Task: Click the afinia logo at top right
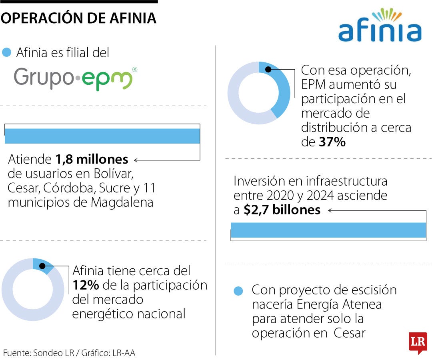click(380, 26)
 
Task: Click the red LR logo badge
click(418, 342)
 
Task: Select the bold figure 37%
click(332, 142)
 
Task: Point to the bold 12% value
click(86, 286)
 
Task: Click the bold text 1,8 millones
click(92, 160)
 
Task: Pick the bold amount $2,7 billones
click(282, 210)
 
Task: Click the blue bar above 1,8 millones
click(102, 136)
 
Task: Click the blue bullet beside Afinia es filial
click(6, 52)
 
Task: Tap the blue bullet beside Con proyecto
click(239, 291)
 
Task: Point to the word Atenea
click(362, 304)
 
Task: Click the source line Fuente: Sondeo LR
click(72, 353)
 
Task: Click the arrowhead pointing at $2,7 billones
click(330, 210)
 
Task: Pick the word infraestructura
click(346, 181)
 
